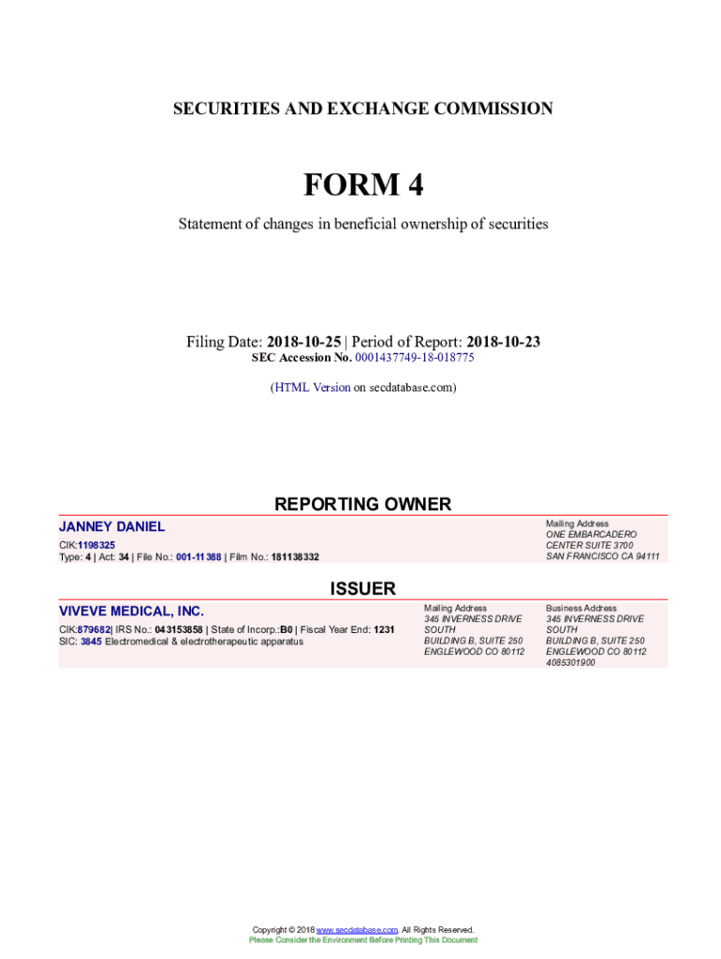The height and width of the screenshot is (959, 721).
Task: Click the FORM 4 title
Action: point(362,185)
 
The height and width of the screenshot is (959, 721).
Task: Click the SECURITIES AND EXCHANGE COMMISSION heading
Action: point(362,109)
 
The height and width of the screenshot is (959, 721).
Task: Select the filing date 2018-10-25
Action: point(304,342)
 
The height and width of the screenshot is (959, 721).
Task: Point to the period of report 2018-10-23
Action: point(503,342)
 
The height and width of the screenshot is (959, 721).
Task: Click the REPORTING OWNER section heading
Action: point(362,504)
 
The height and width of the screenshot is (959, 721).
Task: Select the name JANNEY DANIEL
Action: point(112,526)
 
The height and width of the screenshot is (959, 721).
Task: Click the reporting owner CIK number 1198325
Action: point(96,544)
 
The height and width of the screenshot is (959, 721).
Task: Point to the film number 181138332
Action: point(295,557)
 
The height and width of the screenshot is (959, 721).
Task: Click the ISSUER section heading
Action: point(362,588)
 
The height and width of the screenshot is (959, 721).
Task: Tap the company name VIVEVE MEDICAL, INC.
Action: point(131,611)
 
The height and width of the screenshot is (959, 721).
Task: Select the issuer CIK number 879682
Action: point(95,629)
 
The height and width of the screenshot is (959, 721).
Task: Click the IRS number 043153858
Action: point(178,629)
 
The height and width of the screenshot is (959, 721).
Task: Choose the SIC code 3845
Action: point(91,642)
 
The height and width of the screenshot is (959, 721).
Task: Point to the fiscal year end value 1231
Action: point(384,629)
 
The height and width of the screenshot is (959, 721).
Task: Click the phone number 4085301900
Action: point(570,662)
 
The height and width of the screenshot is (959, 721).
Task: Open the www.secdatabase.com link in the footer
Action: point(358,929)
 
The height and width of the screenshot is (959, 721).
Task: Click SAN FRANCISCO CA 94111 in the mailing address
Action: point(603,556)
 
